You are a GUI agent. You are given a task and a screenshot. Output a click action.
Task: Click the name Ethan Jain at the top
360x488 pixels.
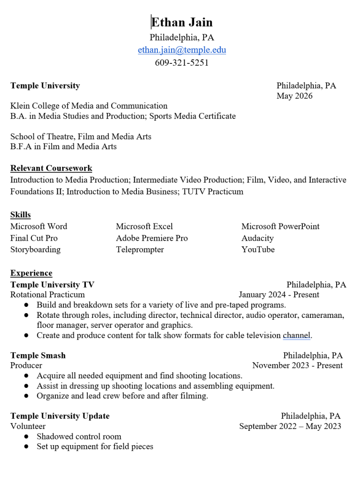(182, 22)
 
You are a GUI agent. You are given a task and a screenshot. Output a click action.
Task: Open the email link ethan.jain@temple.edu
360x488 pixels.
(182, 50)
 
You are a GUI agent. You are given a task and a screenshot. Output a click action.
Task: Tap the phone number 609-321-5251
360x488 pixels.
(182, 62)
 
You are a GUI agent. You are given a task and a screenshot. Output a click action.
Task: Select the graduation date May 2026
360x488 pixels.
(294, 96)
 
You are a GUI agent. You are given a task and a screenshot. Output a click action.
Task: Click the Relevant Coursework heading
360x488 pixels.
(51, 168)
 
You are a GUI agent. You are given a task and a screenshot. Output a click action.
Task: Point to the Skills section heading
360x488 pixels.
(21, 215)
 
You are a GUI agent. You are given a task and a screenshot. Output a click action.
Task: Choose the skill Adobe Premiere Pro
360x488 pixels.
(152, 238)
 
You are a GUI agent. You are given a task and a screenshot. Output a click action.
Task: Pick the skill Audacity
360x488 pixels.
(257, 238)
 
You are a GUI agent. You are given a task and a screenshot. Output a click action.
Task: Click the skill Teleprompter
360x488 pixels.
(140, 249)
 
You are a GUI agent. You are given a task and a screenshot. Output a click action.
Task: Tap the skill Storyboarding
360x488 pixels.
(35, 249)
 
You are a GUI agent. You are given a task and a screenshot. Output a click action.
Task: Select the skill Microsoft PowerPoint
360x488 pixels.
(280, 226)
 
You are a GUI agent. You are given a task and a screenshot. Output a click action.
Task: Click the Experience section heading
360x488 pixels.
(31, 273)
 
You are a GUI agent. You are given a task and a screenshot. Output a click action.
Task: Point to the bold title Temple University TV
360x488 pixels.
(52, 285)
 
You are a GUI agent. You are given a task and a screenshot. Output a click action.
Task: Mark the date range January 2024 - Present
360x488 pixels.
(279, 295)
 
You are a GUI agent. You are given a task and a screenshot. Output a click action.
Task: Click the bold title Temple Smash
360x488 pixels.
(38, 356)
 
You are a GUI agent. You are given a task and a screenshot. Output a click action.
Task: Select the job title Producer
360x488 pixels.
(26, 366)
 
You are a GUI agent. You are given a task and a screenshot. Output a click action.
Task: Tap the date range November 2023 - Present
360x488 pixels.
(297, 366)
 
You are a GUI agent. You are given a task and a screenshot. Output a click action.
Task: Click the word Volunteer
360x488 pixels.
(28, 426)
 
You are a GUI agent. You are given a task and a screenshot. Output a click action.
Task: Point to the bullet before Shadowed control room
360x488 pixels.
(26, 437)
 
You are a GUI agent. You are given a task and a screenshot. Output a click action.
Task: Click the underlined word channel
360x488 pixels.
(296, 335)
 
